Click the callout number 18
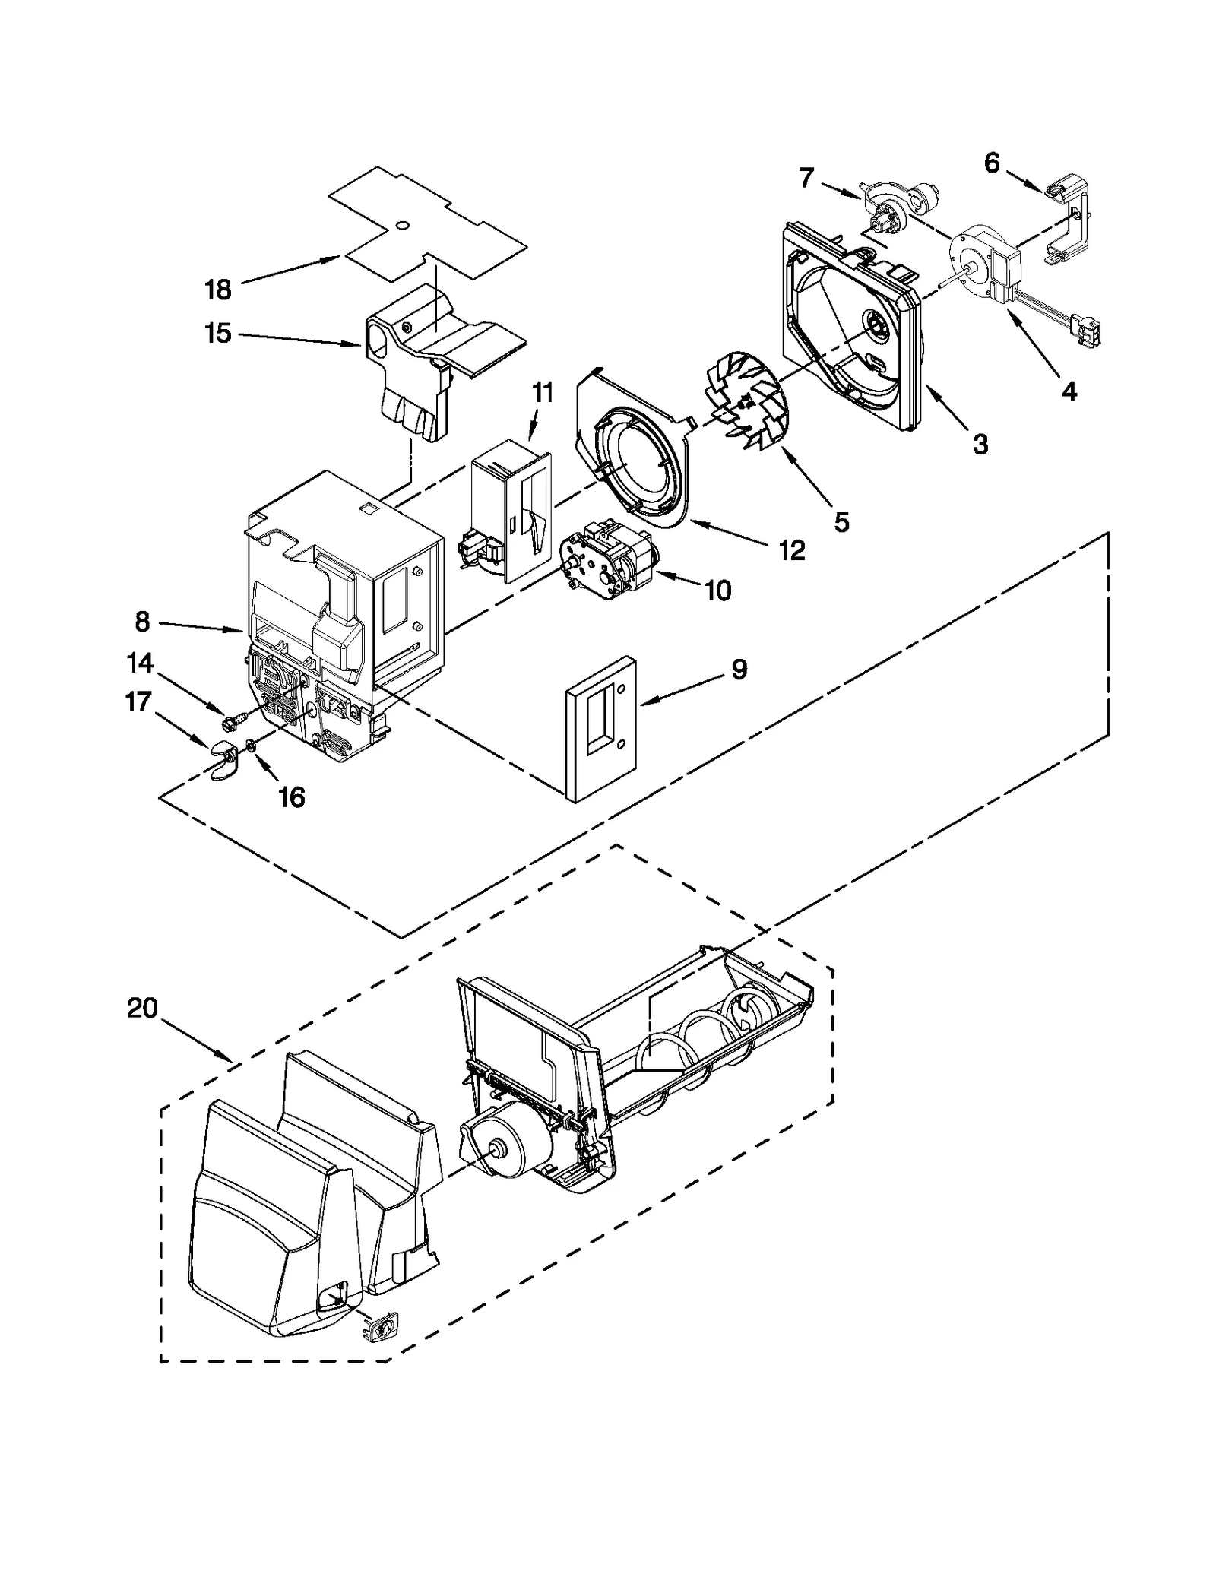217,290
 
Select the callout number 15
217,333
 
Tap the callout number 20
142,1009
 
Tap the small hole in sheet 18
404,224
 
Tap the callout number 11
542,393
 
